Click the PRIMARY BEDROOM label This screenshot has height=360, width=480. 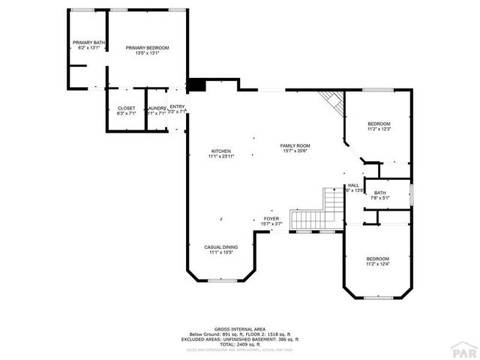pyautogui.click(x=147, y=48)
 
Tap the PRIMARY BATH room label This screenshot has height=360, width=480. pyautogui.click(x=88, y=42)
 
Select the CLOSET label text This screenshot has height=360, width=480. pyautogui.click(x=126, y=108)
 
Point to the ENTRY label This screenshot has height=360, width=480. pyautogui.click(x=177, y=107)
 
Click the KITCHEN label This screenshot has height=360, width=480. pyautogui.click(x=220, y=151)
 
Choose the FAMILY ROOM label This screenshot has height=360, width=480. pyautogui.click(x=295, y=145)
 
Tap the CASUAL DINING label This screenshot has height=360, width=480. pyautogui.click(x=221, y=247)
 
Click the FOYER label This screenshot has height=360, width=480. pyautogui.click(x=271, y=219)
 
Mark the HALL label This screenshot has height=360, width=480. pyautogui.click(x=353, y=185)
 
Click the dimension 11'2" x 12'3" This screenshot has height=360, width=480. pyautogui.click(x=379, y=129)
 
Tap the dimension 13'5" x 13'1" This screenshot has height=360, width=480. pyautogui.click(x=147, y=53)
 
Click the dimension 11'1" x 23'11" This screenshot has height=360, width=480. pyautogui.click(x=221, y=156)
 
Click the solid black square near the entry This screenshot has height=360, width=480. pyautogui.click(x=196, y=85)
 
